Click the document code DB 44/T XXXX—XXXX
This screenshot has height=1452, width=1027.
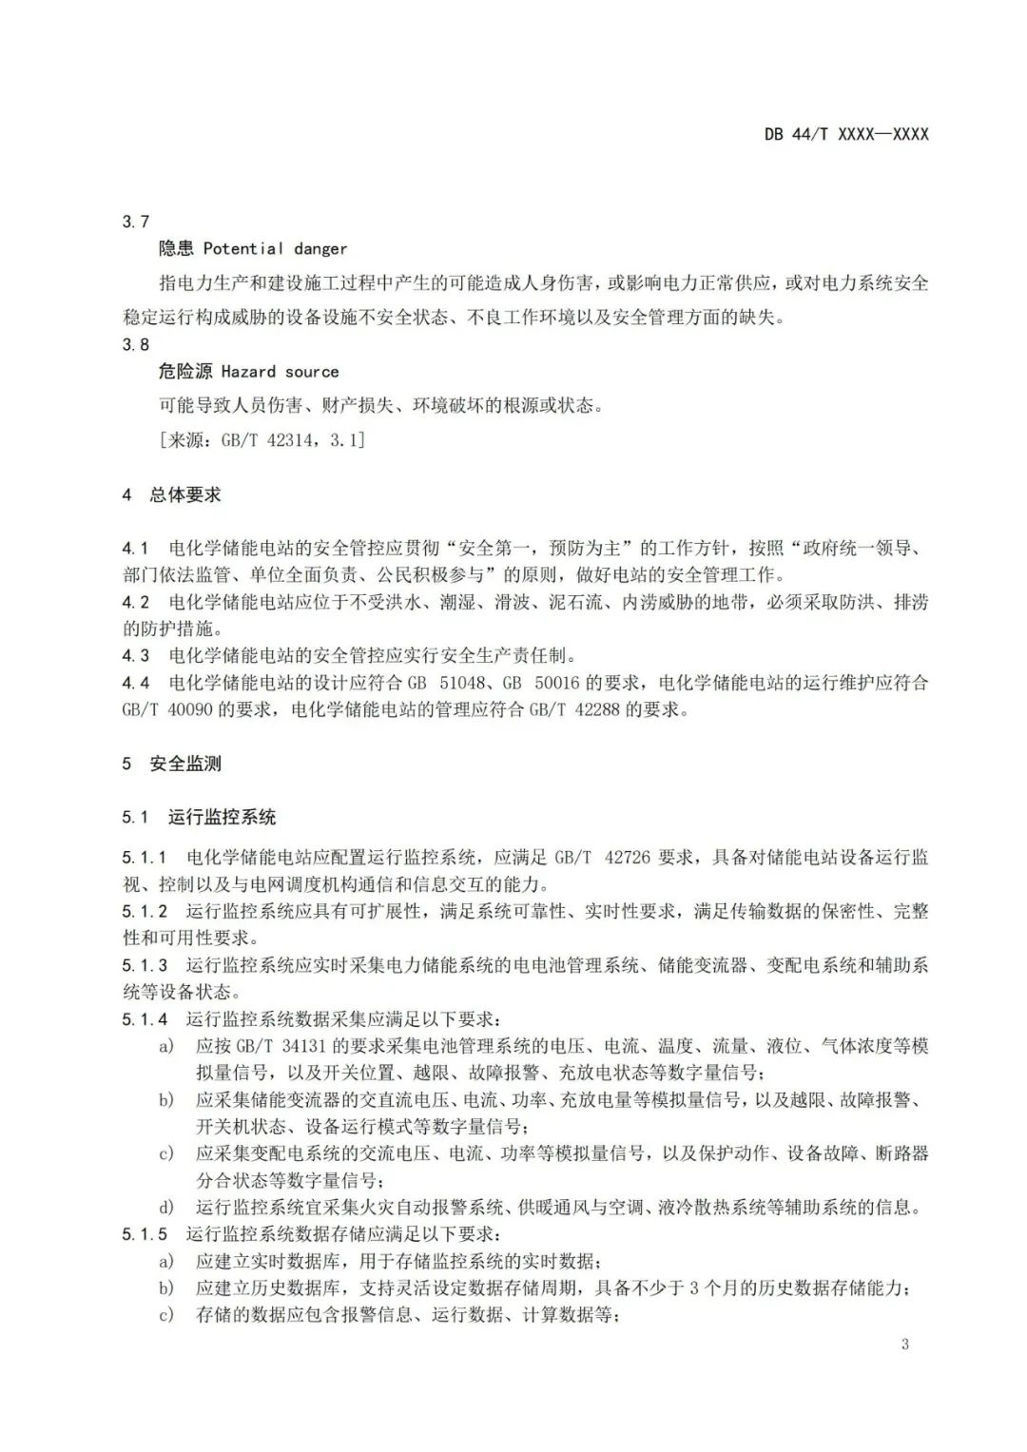(x=845, y=134)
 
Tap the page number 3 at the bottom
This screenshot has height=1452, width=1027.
(x=904, y=1344)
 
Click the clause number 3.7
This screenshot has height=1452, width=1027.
(x=136, y=222)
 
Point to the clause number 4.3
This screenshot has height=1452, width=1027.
(x=136, y=655)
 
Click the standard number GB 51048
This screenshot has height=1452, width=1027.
(x=434, y=683)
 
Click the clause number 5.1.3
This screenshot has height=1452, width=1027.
(x=145, y=965)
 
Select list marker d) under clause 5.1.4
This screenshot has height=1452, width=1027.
(x=166, y=1208)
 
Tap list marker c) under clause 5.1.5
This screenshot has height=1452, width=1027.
(x=166, y=1316)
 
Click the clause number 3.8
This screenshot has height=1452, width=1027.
(x=136, y=344)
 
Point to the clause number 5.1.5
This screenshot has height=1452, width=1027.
(x=145, y=1234)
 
